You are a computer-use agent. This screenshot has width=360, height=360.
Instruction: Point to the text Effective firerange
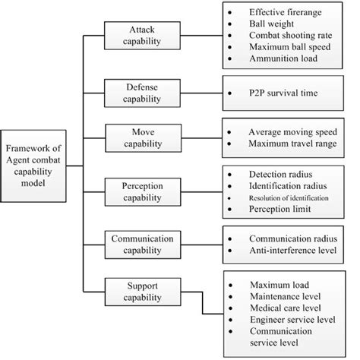pos(284,13)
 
